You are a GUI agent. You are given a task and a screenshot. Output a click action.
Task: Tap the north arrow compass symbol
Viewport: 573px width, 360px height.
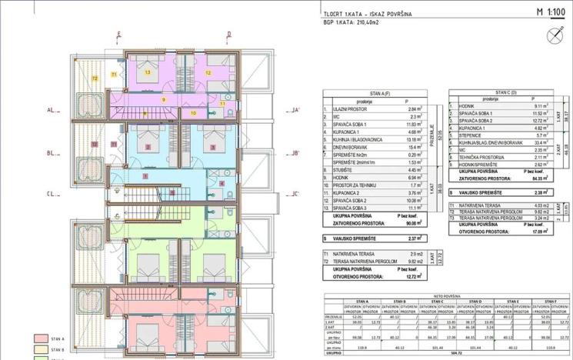[x=551, y=34]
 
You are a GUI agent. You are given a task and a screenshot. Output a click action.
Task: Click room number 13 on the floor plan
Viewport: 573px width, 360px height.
[x=147, y=72]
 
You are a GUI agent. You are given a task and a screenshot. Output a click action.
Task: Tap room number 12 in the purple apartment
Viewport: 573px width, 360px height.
[x=208, y=72]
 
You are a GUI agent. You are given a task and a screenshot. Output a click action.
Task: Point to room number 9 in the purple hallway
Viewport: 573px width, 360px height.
[x=163, y=99]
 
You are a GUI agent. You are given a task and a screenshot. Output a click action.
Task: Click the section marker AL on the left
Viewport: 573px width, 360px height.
[x=52, y=110]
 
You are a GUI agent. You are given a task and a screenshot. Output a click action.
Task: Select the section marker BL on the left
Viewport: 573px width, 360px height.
[x=52, y=153]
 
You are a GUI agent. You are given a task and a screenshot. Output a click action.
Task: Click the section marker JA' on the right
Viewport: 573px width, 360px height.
[x=294, y=110]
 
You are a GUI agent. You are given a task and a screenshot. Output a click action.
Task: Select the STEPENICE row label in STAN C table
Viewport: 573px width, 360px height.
[x=472, y=135]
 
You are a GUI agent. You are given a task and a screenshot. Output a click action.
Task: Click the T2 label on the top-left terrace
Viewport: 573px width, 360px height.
[x=95, y=78]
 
